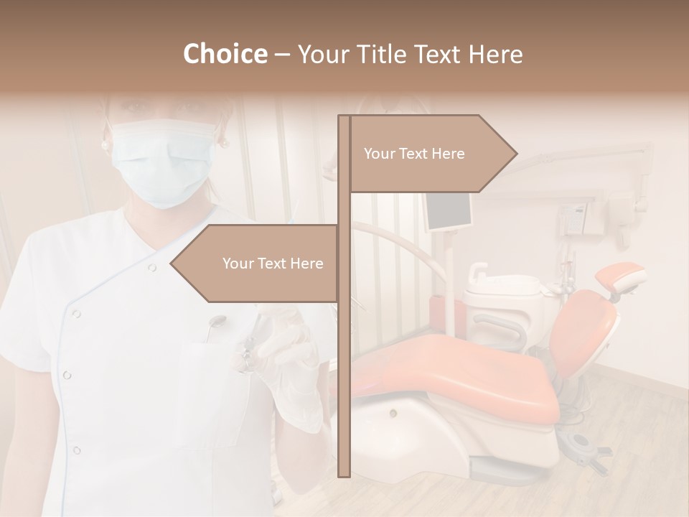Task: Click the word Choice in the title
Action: tap(225, 55)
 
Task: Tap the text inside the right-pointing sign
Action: tap(414, 154)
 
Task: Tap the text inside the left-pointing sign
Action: tap(273, 264)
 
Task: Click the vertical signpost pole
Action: tap(344, 359)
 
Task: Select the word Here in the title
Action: tap(495, 55)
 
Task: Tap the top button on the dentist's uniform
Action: tap(152, 268)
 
